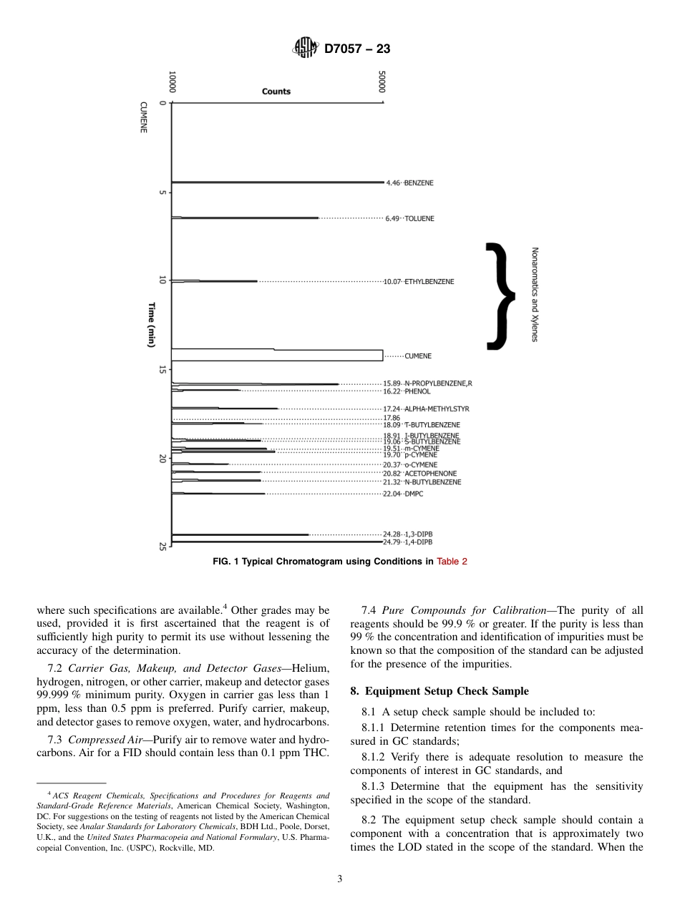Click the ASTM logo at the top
point(305,49)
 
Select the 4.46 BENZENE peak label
point(409,183)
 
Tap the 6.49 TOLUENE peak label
point(409,218)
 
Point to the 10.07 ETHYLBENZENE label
point(419,282)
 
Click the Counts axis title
point(276,92)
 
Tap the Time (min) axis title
point(152,325)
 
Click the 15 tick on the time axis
point(162,369)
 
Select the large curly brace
point(501,296)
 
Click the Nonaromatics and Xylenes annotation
point(534,294)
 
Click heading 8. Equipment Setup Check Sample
point(439,691)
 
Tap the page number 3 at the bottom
point(340,879)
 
